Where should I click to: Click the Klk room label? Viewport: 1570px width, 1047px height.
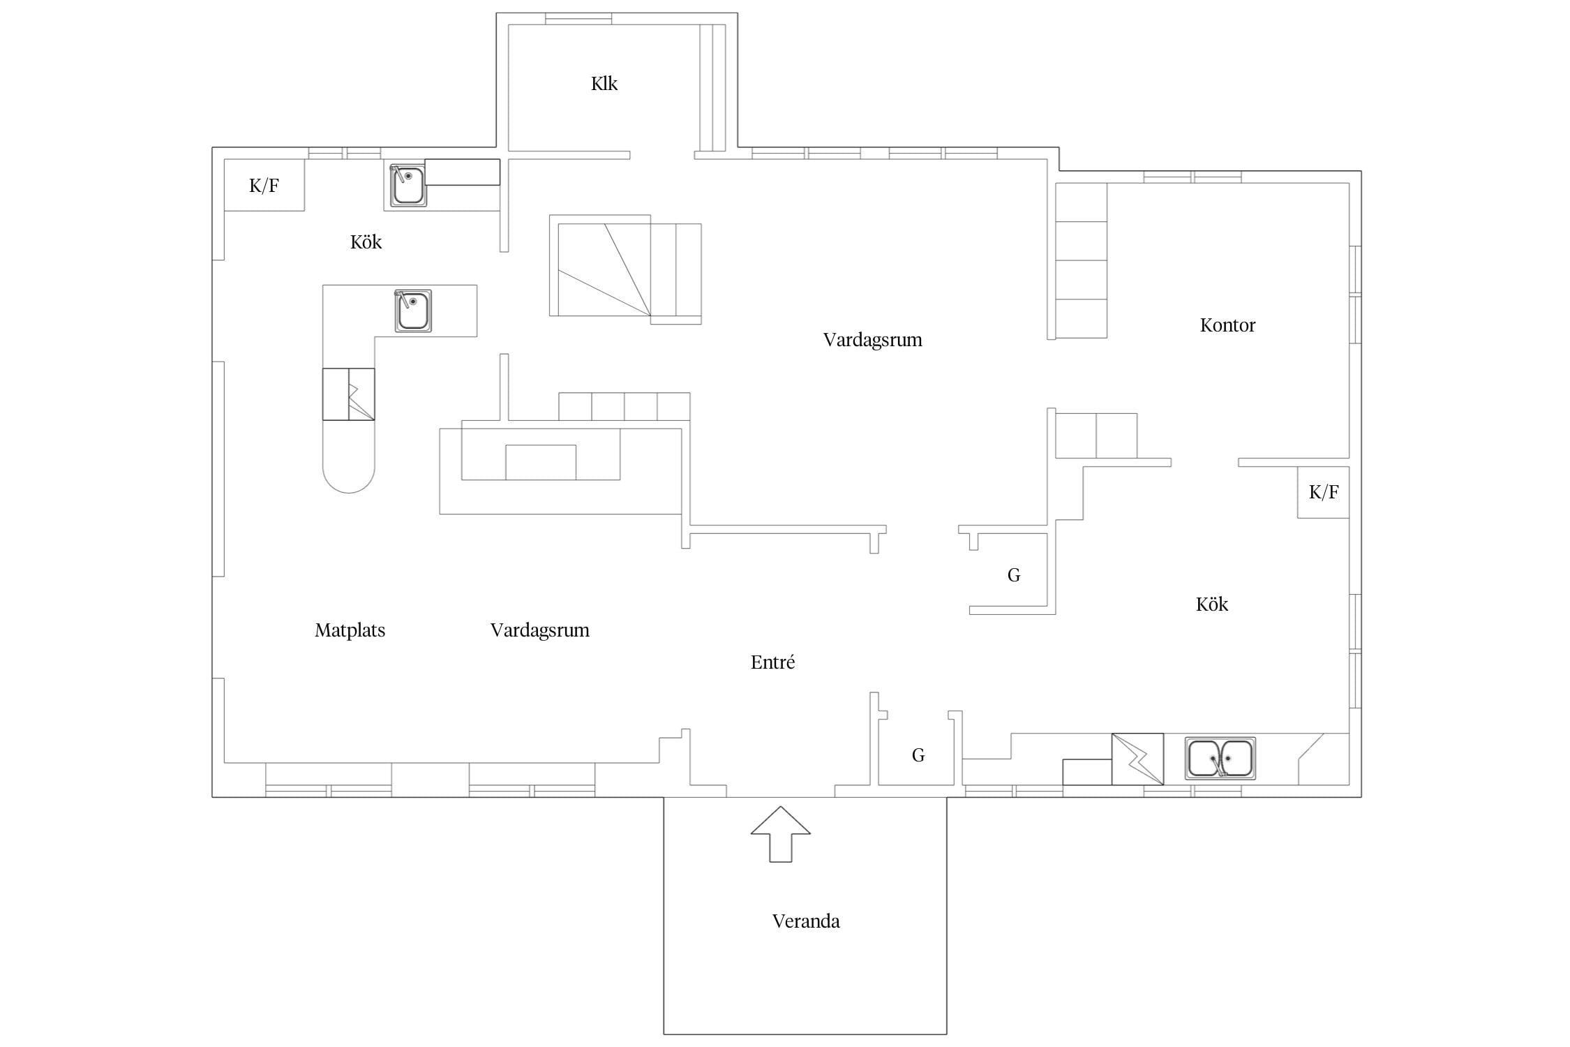pos(604,84)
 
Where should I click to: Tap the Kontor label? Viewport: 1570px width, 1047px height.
pos(1227,325)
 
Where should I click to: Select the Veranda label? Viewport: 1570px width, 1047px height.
pos(806,921)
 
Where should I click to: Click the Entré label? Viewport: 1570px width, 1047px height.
pos(772,662)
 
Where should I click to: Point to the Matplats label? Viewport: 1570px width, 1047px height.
pos(350,630)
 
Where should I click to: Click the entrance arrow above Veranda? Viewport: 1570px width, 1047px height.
pos(781,835)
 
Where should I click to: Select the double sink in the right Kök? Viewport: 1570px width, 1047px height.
pos(1220,758)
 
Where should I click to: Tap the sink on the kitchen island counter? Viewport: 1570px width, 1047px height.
pos(413,311)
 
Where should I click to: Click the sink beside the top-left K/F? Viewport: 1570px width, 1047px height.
pos(408,186)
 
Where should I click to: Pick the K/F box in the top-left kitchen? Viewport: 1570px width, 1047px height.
pos(264,185)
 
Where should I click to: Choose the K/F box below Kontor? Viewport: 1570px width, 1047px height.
pos(1323,492)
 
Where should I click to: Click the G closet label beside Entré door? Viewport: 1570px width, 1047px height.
pos(918,755)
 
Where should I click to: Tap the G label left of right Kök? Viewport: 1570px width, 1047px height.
pos(1014,575)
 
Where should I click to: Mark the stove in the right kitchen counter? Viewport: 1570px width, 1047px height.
pos(1137,759)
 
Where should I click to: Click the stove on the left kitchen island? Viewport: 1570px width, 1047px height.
pos(348,394)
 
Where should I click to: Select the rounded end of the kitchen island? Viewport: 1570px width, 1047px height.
pos(348,482)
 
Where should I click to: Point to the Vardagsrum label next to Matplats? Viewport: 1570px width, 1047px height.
pos(540,630)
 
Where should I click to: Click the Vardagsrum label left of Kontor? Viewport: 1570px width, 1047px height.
pos(873,340)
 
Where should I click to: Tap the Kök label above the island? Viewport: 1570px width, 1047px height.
pos(366,242)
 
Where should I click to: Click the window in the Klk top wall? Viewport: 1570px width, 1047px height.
pos(578,19)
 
